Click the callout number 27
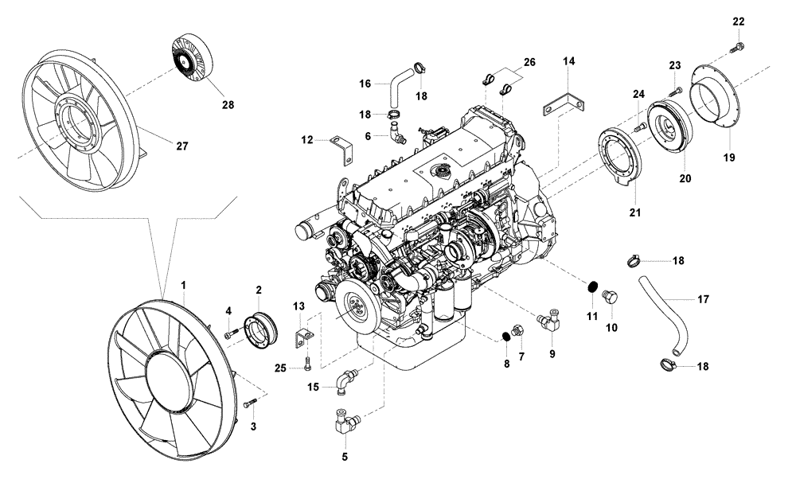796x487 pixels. click(x=181, y=146)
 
